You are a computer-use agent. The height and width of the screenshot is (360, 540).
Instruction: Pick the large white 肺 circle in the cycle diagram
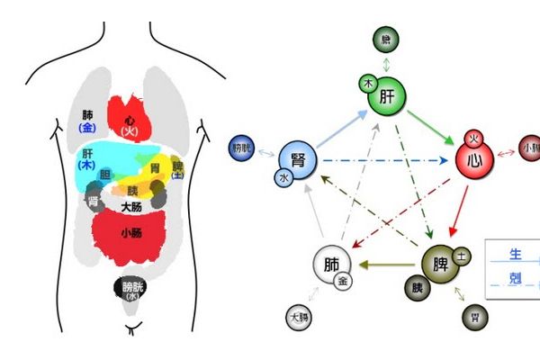(331, 265)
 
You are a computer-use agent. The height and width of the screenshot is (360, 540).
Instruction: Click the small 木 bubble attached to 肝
(367, 83)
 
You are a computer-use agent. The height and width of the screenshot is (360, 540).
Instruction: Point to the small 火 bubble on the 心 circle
(472, 139)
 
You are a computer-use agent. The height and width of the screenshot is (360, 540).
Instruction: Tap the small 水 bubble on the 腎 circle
(284, 180)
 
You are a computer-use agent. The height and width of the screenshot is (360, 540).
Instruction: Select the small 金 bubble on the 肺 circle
(343, 281)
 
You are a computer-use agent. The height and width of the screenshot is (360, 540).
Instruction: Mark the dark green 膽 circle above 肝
(385, 39)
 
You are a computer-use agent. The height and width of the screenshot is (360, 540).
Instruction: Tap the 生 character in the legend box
(515, 255)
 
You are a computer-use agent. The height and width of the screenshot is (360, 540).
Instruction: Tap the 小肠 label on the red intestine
(131, 232)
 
